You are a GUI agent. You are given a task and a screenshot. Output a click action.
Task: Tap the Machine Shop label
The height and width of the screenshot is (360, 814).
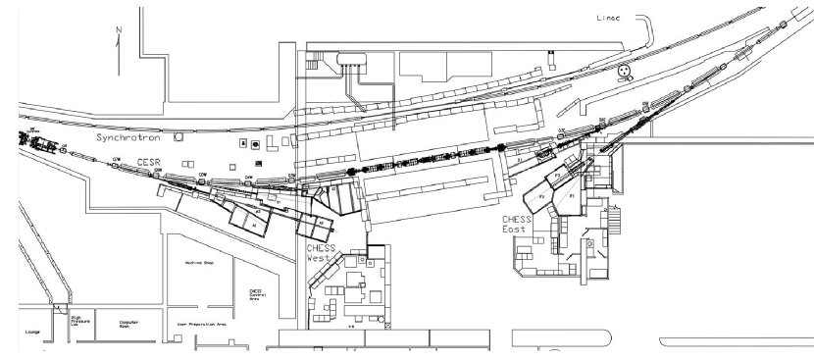click(x=200, y=263)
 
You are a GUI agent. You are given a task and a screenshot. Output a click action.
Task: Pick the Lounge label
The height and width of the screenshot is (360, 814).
click(x=30, y=334)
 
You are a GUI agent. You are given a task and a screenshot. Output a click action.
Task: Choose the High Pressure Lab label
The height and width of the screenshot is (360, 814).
click(x=80, y=322)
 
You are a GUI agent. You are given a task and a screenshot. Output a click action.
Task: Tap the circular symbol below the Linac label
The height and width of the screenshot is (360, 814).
click(x=622, y=71)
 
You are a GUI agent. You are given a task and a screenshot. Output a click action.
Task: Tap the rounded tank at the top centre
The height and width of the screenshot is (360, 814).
click(x=352, y=61)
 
